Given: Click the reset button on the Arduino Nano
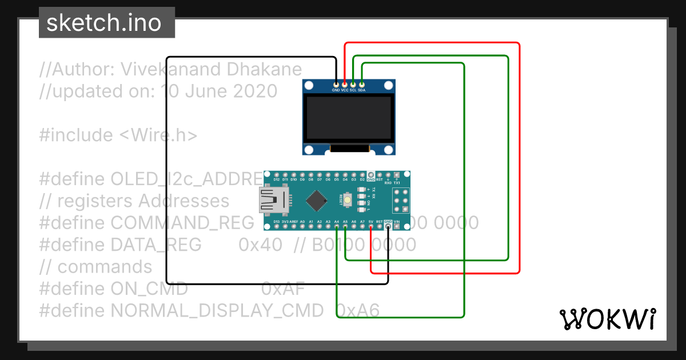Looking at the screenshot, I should click(348, 200).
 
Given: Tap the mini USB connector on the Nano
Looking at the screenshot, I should click(273, 200).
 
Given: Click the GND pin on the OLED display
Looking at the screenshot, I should click(336, 85).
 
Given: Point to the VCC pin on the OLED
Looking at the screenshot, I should click(345, 85).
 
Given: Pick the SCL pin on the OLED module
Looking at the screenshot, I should click(353, 85).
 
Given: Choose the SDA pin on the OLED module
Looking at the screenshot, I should click(362, 85).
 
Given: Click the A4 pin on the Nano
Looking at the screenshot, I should click(337, 227).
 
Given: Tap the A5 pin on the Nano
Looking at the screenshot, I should click(345, 227).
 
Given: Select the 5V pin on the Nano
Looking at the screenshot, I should click(371, 227).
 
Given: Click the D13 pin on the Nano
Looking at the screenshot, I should click(277, 227).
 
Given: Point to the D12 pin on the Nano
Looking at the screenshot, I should click(277, 174).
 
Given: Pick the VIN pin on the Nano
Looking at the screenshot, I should click(397, 227).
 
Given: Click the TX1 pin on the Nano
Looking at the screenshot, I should click(397, 174).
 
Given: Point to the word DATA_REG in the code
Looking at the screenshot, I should click(156, 245).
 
